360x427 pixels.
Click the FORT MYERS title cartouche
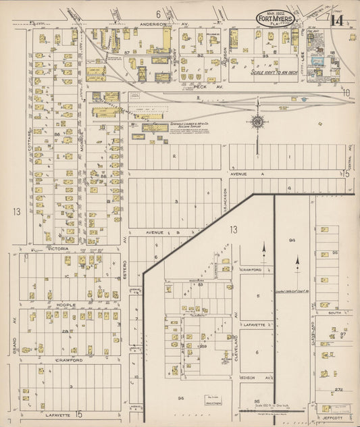[275, 20]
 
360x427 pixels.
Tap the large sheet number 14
[336, 20]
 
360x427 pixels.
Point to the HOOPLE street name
[65, 305]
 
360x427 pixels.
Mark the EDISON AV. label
[256, 377]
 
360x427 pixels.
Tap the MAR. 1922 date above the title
[275, 11]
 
